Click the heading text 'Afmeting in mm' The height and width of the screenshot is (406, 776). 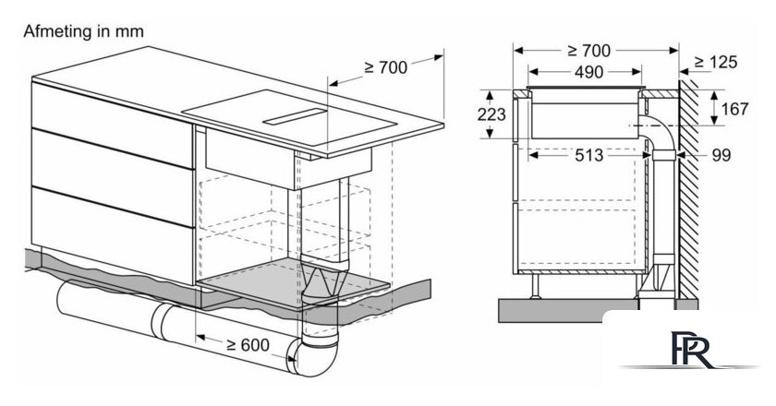84,31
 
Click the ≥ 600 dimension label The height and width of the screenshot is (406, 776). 248,345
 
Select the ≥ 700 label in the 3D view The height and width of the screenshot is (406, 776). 385,67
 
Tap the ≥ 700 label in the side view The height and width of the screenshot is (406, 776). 589,51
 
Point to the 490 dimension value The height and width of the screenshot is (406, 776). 589,72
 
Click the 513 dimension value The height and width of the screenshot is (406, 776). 589,155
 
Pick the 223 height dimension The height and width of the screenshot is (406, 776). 491,114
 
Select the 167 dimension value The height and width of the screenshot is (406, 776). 734,109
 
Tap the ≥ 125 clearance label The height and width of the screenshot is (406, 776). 716,62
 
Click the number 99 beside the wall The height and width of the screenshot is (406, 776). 721,155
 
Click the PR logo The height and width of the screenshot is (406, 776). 692,350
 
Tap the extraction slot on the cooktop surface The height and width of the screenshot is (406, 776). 296,116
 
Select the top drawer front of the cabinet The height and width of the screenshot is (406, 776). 112,125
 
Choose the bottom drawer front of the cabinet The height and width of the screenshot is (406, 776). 113,234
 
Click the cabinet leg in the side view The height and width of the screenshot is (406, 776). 535,286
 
